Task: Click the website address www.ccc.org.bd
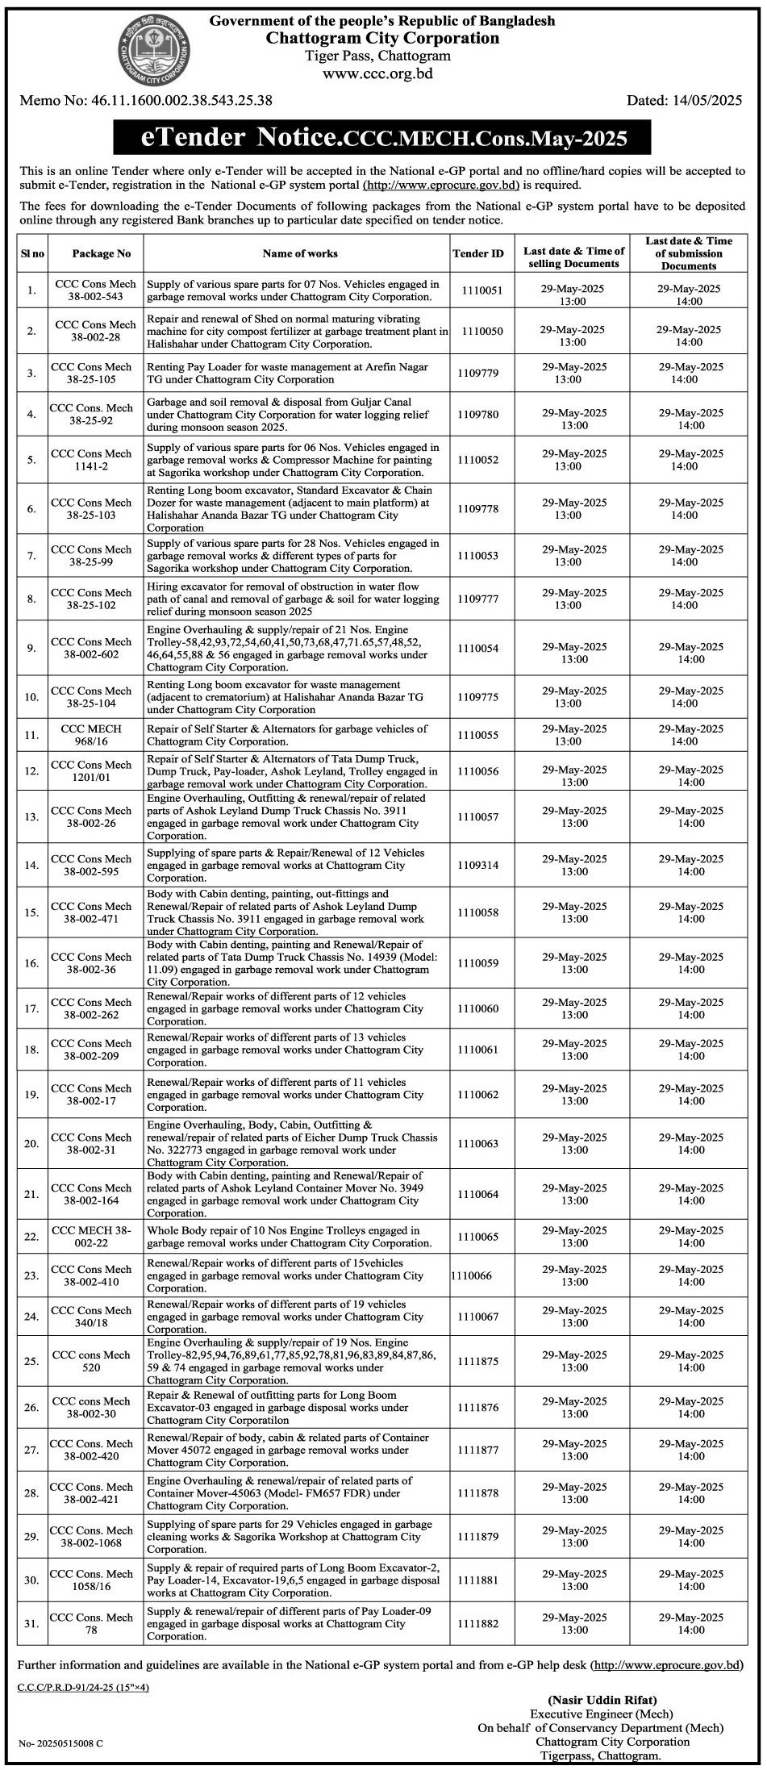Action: (x=378, y=73)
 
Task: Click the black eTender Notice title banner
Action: (x=382, y=138)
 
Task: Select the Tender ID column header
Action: (x=477, y=253)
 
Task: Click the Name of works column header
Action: (x=300, y=253)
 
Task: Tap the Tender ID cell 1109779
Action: (x=477, y=373)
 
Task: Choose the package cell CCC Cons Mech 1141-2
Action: (x=91, y=460)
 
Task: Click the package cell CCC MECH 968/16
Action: (x=91, y=735)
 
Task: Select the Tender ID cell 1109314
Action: (x=477, y=865)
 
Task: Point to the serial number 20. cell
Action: (x=31, y=1144)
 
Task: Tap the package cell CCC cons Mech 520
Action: (x=91, y=1361)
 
